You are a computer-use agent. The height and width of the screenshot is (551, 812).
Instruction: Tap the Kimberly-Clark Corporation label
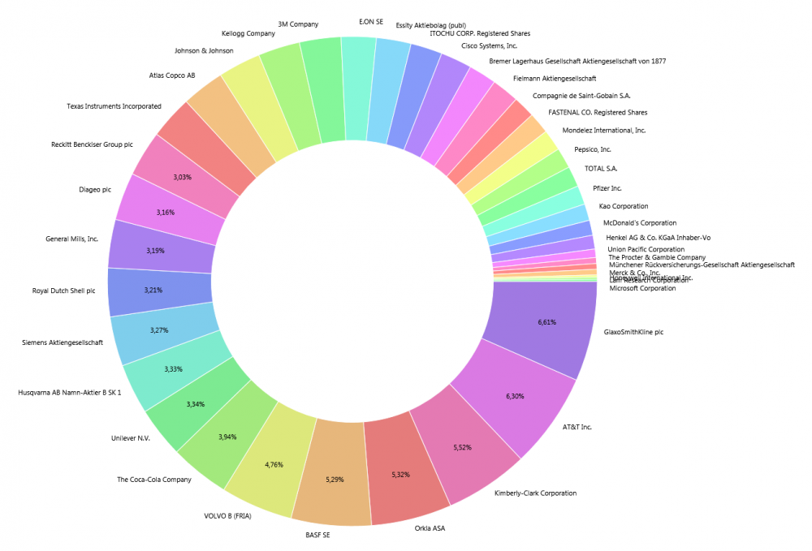(x=535, y=493)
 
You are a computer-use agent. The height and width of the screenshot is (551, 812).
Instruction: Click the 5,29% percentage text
(x=335, y=480)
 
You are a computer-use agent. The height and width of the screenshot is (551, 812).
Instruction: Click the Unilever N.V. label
(x=131, y=438)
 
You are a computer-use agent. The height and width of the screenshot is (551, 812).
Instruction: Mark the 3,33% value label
(x=173, y=369)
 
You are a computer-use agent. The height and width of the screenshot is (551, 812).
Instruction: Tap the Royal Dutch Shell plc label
(x=70, y=290)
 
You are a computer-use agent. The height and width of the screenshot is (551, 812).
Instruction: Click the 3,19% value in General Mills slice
(x=156, y=251)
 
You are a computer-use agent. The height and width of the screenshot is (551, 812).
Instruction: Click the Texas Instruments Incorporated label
(x=114, y=106)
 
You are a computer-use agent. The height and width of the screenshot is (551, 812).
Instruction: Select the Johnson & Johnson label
(x=204, y=50)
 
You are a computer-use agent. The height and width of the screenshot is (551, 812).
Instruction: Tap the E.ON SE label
(x=371, y=21)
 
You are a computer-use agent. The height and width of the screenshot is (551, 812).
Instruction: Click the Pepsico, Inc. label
(x=593, y=149)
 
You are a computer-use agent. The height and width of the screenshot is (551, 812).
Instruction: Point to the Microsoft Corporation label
(x=642, y=288)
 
